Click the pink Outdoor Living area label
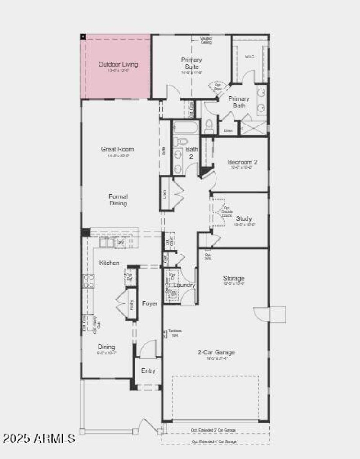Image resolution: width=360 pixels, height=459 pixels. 118,64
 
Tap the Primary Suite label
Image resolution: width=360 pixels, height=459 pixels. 192,63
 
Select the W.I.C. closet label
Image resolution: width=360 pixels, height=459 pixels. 250,57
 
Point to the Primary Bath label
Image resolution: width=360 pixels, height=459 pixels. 238,102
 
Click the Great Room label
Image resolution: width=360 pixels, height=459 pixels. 118,149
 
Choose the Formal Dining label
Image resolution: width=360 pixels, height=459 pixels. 118,200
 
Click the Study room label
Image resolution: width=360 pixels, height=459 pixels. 243,218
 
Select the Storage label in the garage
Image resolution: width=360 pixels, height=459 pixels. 234,278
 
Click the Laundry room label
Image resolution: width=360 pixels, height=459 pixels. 184,285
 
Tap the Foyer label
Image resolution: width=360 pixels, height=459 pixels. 150,303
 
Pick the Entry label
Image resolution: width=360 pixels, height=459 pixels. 148,370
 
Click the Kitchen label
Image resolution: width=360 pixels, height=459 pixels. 109,263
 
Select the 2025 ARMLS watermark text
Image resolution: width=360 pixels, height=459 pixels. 39,437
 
